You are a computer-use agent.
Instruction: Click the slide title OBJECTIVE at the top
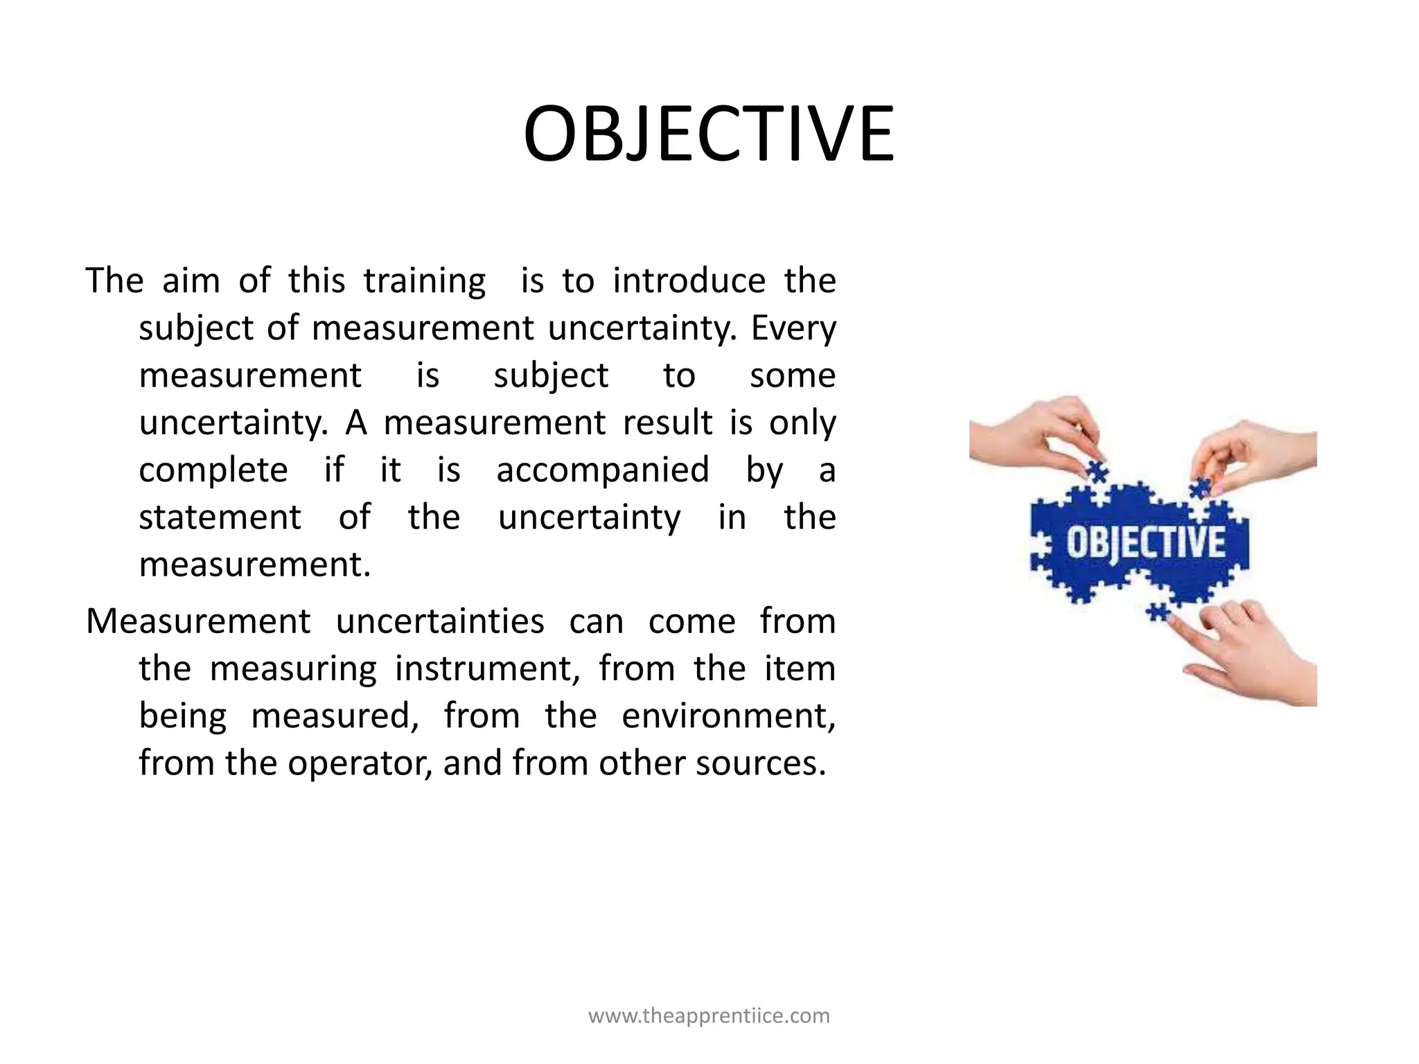pos(709,134)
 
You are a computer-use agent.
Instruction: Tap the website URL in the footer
pos(709,1016)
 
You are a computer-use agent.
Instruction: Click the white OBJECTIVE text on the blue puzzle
pos(1145,543)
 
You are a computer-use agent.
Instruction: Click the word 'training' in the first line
pos(425,281)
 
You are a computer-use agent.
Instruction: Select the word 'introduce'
pos(689,281)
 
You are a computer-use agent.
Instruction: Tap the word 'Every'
pos(793,328)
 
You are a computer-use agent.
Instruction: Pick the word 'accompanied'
pos(603,470)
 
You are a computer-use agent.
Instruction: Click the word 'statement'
pos(220,517)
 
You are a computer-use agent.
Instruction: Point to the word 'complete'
pos(213,470)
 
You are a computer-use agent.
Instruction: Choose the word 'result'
pos(667,423)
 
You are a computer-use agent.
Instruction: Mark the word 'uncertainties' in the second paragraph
pos(440,621)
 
